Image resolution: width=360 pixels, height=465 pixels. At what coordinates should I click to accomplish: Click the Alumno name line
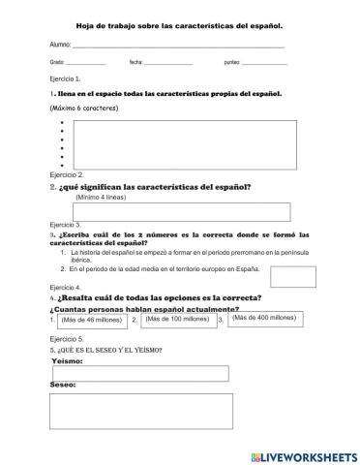(179, 45)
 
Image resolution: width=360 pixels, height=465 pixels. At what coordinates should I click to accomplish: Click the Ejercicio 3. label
(65, 224)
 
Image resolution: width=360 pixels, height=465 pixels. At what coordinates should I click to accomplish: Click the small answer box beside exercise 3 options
(292, 276)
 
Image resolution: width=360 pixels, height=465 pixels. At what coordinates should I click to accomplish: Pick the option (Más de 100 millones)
(177, 318)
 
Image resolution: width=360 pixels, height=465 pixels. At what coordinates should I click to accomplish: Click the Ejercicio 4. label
(65, 288)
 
